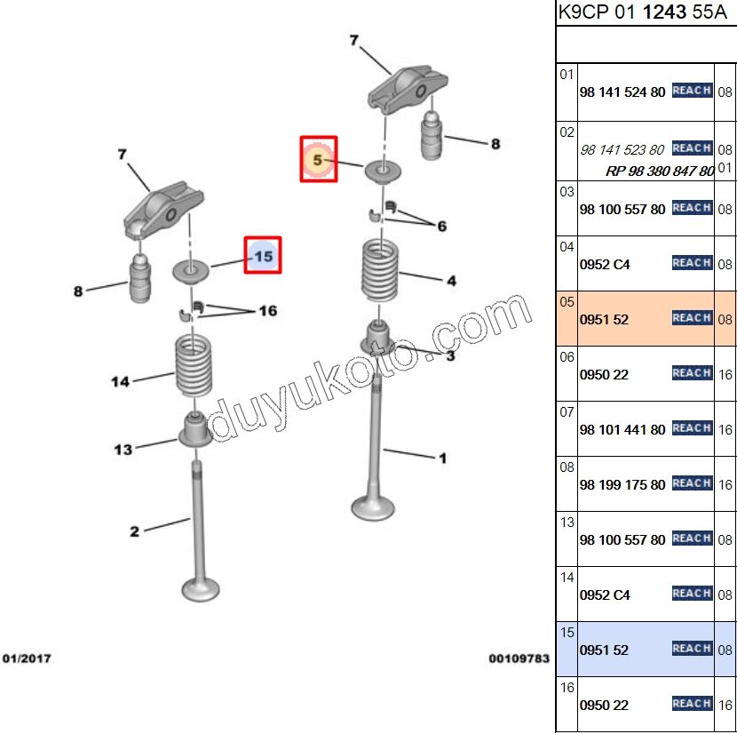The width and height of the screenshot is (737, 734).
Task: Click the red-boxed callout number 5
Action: [318, 160]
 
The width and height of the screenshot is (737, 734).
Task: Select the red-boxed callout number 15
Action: [263, 256]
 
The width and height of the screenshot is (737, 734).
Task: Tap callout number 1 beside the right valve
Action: [442, 459]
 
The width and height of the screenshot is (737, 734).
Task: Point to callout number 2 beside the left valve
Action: [134, 531]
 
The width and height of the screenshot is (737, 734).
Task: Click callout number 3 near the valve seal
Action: [450, 355]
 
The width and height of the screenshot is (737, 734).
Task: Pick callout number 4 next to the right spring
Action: [451, 281]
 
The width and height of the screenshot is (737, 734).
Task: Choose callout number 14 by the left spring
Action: [120, 381]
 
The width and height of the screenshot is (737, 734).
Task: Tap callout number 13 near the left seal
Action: [123, 450]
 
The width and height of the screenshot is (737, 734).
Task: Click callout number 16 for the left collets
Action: [267, 311]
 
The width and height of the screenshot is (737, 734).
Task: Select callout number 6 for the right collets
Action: [441, 227]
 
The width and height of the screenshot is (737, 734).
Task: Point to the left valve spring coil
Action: [194, 365]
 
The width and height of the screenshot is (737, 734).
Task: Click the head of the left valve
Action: [201, 588]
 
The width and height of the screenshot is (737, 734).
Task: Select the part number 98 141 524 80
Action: [622, 92]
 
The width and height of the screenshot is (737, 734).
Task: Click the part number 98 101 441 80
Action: [622, 430]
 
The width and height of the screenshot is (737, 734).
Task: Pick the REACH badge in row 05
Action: [692, 318]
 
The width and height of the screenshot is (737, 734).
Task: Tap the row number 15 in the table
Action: [567, 632]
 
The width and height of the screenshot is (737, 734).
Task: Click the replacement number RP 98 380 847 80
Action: [660, 171]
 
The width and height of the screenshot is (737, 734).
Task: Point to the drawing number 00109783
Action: [519, 658]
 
